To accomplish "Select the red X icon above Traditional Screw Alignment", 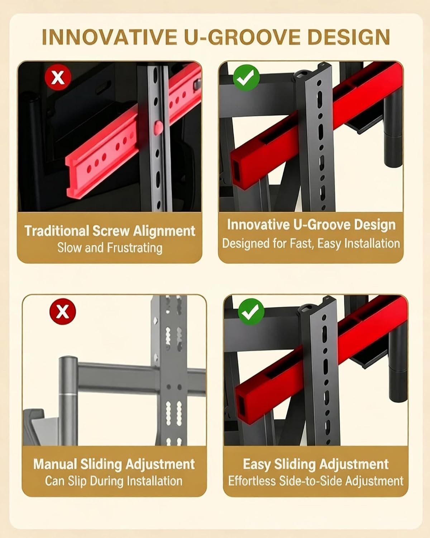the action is pyautogui.click(x=58, y=77).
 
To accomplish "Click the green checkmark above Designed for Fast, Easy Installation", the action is pyautogui.click(x=247, y=77).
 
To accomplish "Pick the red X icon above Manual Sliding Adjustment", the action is pyautogui.click(x=63, y=311).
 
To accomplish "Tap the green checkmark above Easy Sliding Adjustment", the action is pyautogui.click(x=251, y=311).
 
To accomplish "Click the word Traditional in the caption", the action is pyautogui.click(x=57, y=231).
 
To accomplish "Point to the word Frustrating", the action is pyautogui.click(x=135, y=248).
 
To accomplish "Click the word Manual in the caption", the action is pyautogui.click(x=55, y=464).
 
